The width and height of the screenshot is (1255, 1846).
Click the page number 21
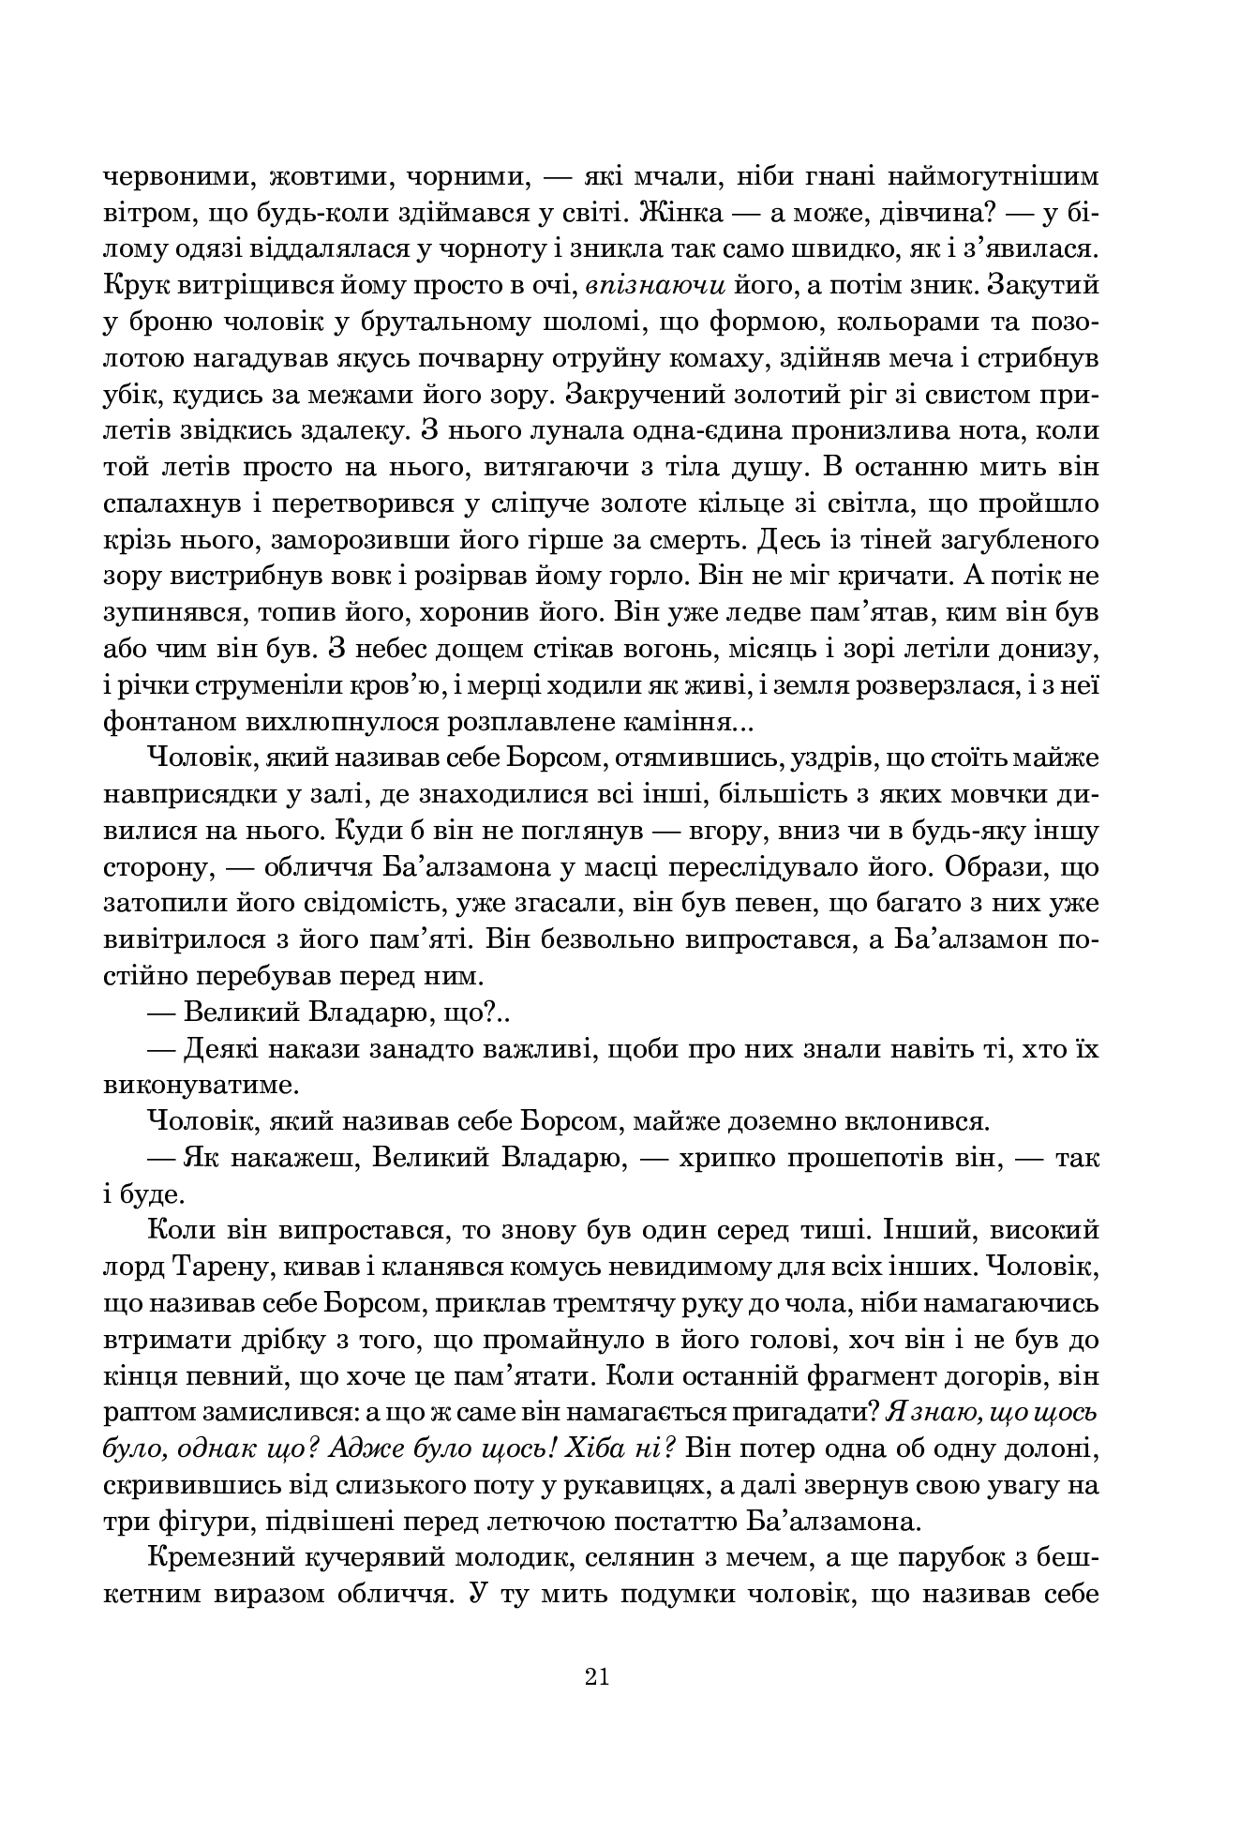596,1676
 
